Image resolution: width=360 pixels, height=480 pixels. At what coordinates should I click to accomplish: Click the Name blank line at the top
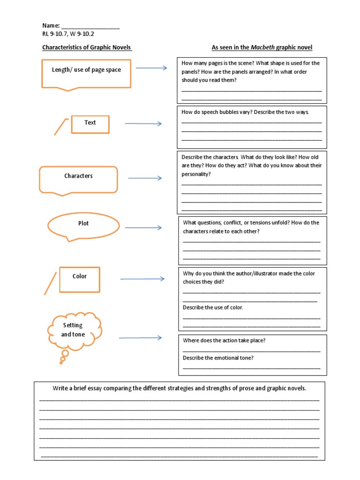(90, 27)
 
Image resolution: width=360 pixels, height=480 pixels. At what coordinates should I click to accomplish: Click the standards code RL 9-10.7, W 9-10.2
(71, 34)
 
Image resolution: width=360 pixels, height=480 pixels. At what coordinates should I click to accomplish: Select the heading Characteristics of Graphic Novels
(87, 47)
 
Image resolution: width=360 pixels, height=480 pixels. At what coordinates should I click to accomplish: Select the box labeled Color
(79, 279)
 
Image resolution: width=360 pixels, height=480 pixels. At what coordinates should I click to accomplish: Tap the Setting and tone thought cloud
(74, 330)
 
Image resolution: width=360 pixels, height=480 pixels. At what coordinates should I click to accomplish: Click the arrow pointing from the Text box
(143, 124)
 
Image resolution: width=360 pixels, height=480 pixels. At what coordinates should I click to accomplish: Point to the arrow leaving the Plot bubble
(143, 228)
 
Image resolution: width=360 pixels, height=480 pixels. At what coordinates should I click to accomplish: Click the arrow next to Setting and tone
(140, 338)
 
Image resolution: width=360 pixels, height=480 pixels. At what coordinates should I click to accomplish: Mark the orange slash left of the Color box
(50, 284)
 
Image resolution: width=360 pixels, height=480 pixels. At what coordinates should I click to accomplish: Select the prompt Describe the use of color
(213, 307)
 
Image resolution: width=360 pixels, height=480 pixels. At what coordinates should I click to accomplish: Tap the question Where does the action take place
(224, 340)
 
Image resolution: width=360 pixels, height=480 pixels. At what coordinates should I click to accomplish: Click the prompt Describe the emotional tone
(218, 358)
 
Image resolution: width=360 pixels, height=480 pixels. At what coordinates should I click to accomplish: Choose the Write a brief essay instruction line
(179, 389)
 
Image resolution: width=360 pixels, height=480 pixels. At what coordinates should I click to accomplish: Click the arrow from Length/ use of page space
(151, 68)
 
